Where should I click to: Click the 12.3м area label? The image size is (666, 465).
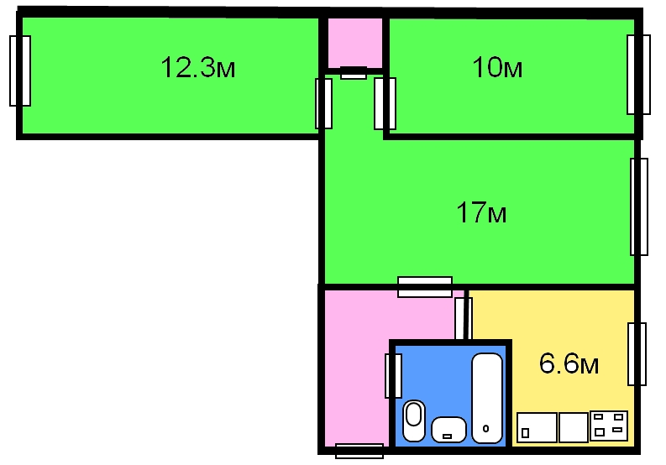198,67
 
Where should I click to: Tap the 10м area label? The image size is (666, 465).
497,67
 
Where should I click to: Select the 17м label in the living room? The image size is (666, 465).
481,212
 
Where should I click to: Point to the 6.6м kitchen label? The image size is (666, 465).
569,363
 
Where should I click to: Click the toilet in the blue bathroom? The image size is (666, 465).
414,421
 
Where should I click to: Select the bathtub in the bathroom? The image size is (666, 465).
487,398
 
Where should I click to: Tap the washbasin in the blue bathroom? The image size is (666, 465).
448,430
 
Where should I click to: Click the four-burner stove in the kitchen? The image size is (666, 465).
609,426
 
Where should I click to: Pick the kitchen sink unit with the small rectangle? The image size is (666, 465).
537,427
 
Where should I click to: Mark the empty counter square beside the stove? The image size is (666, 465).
574,427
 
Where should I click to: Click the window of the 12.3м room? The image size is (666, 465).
20,71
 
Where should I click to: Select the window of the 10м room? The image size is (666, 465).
638,75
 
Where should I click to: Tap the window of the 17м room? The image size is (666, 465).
639,206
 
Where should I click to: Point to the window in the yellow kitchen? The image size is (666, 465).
637,354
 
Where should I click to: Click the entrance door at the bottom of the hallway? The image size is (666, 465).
359,451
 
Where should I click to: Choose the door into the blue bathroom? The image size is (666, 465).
393,376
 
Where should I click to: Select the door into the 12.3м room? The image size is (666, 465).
323,103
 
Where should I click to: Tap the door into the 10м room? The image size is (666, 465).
385,103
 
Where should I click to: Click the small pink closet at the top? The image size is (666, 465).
355,43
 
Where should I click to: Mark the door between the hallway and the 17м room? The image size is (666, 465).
425,287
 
